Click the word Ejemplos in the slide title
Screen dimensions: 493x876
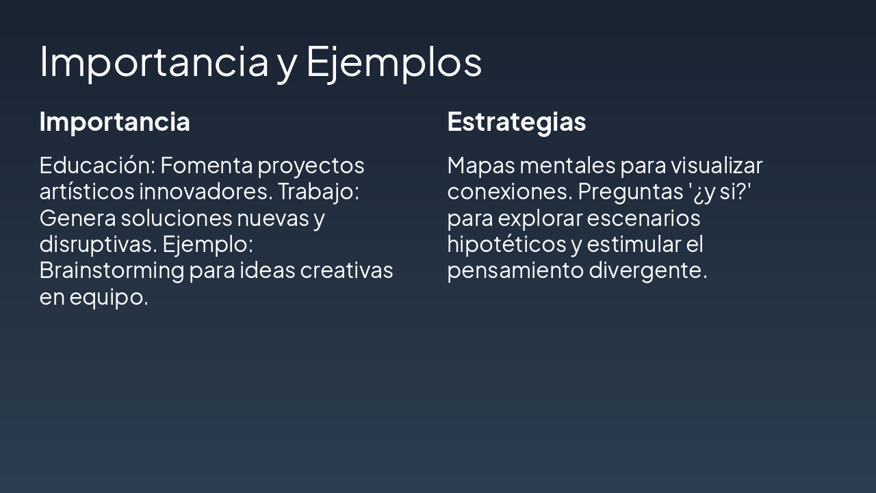click(x=394, y=62)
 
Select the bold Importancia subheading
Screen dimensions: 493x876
click(x=114, y=122)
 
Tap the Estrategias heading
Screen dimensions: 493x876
click(x=516, y=122)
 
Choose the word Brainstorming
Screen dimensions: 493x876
click(x=111, y=270)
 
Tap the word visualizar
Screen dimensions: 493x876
click(x=716, y=165)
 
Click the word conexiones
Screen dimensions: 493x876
click(x=508, y=192)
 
